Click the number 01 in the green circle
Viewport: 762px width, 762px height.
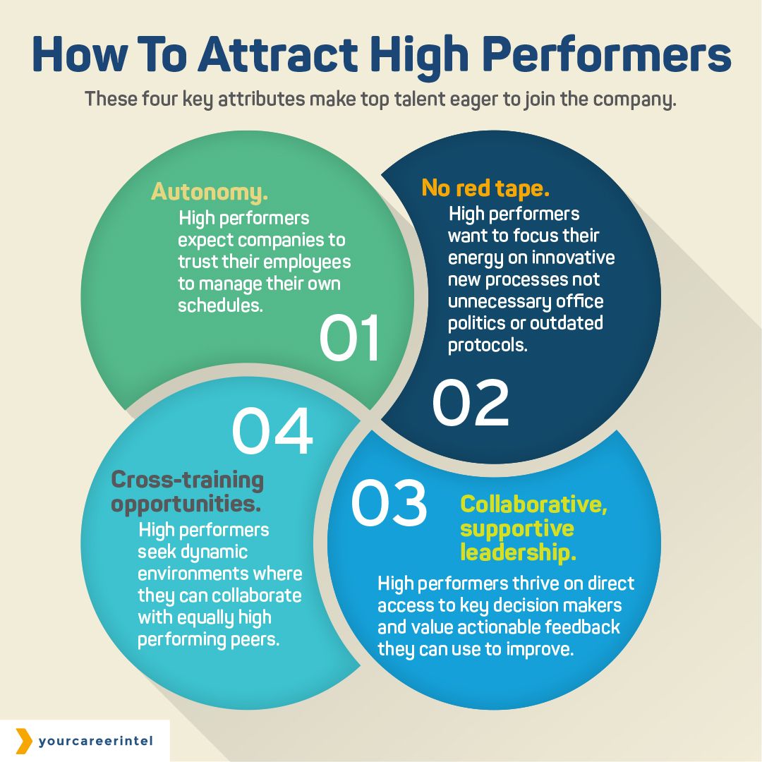coord(350,338)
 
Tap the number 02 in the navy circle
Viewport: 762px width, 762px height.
coord(471,404)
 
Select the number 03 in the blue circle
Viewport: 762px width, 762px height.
coord(389,504)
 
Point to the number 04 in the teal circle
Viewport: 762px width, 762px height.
coord(272,430)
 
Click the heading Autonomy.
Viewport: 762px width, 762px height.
coord(210,192)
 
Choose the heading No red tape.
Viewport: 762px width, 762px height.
coord(485,188)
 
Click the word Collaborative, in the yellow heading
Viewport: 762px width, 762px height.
coord(533,505)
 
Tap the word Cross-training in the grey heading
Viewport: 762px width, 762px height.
coord(187,480)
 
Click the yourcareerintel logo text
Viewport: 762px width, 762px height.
coord(96,742)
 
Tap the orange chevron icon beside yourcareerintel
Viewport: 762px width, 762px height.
coord(24,741)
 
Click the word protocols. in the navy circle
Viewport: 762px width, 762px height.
coord(488,346)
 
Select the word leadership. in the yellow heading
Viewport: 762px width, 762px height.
coord(518,552)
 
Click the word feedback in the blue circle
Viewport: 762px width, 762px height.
coord(577,627)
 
